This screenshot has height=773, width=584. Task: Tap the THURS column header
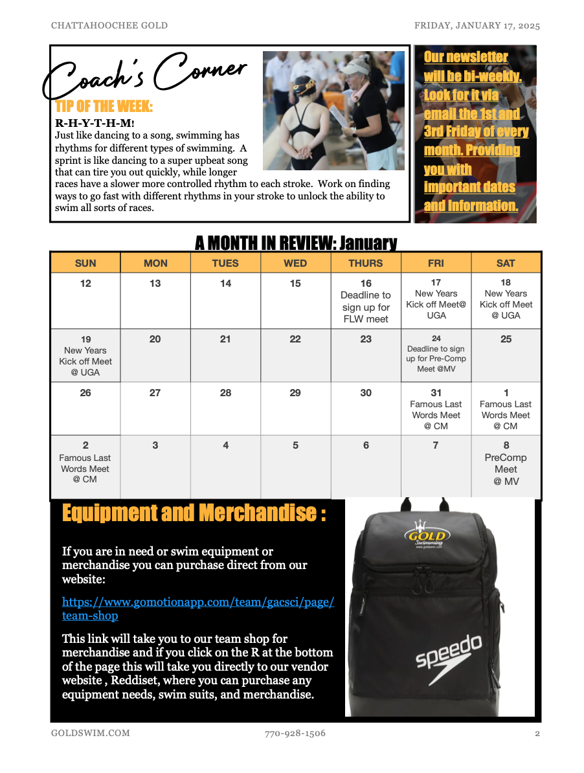(x=366, y=263)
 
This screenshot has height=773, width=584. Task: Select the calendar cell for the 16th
(x=366, y=300)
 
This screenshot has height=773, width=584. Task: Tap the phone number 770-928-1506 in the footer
(x=295, y=734)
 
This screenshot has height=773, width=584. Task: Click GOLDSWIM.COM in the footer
(x=91, y=734)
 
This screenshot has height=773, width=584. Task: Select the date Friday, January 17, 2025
(x=477, y=26)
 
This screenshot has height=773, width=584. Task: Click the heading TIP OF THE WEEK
(x=104, y=106)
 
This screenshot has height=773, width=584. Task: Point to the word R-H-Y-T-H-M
(x=95, y=123)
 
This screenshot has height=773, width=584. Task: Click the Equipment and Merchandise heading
(x=194, y=513)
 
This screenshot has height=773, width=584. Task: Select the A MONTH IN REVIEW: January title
(x=295, y=243)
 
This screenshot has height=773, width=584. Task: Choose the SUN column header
(x=85, y=263)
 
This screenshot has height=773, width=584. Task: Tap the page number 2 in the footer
(x=537, y=734)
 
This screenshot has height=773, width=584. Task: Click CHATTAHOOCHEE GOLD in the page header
(x=109, y=26)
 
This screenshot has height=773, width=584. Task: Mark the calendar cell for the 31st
(x=436, y=409)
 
